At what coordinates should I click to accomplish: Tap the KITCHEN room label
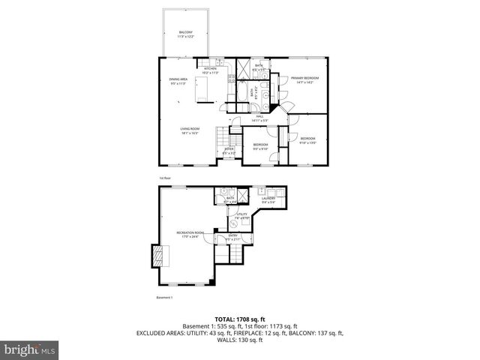pyautogui.click(x=210, y=70)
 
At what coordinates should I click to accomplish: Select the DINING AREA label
pyautogui.click(x=177, y=79)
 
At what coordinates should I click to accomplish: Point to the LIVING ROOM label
pyautogui.click(x=189, y=130)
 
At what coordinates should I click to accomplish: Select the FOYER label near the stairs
pyautogui.click(x=229, y=149)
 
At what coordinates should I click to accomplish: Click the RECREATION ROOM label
pyautogui.click(x=187, y=233)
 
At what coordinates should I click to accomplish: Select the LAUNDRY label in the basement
pyautogui.click(x=268, y=199)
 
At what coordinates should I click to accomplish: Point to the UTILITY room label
pyautogui.click(x=242, y=215)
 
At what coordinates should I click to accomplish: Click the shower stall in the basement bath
pyautogui.click(x=222, y=190)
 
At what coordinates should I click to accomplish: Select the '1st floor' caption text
pyautogui.click(x=165, y=178)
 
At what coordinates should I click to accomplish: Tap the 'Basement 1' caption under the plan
pyautogui.click(x=164, y=298)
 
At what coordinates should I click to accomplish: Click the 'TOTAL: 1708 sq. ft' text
pyautogui.click(x=239, y=318)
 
